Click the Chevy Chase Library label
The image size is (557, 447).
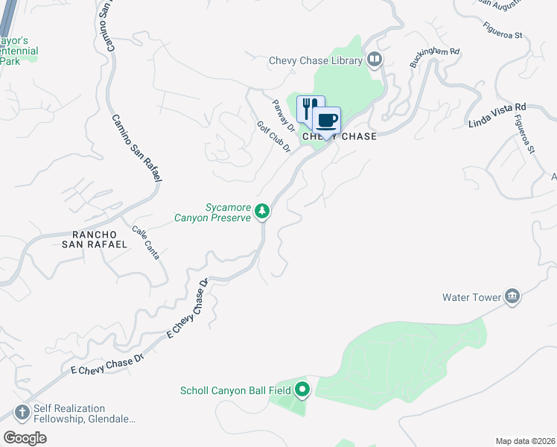pyautogui.click(x=316, y=60)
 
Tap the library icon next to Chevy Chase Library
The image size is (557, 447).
pyautogui.click(x=375, y=60)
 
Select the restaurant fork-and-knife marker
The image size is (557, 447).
pyautogui.click(x=311, y=108)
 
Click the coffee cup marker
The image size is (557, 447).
pyautogui.click(x=326, y=119)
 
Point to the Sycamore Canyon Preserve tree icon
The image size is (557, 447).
pyautogui.click(x=262, y=212)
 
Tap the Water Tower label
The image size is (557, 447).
pyautogui.click(x=472, y=297)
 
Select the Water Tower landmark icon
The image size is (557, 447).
pyautogui.click(x=512, y=297)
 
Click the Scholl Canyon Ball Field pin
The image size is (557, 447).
pyautogui.click(x=302, y=390)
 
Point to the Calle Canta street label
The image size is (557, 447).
pyautogui.click(x=145, y=242)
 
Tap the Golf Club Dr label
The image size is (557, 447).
pyautogui.click(x=273, y=138)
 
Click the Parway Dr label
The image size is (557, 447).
pyautogui.click(x=284, y=117)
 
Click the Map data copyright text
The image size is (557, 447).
pyautogui.click(x=524, y=440)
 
